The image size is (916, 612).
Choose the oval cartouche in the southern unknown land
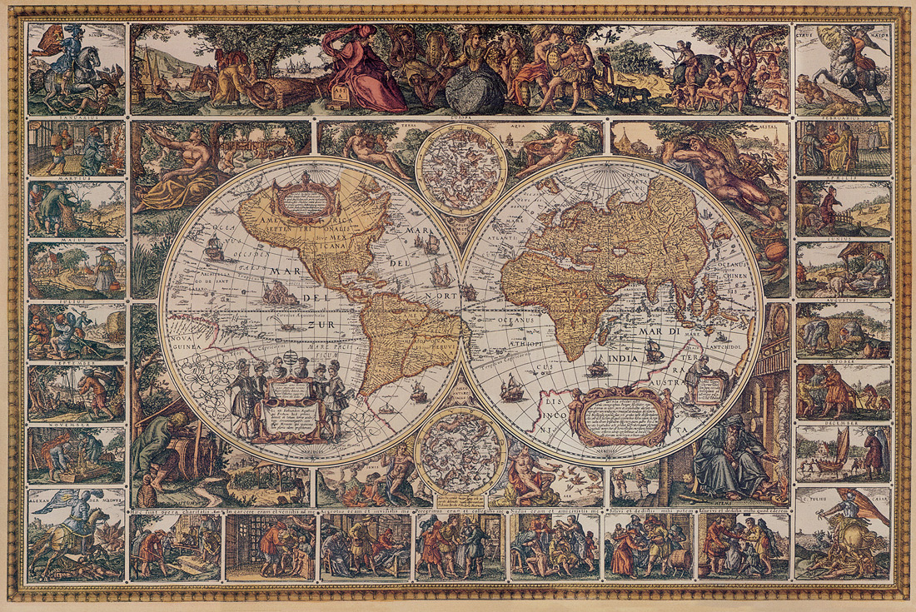(x=621, y=414)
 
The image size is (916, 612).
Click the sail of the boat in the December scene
(x=843, y=445)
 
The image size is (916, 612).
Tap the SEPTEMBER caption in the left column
(x=76, y=363)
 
